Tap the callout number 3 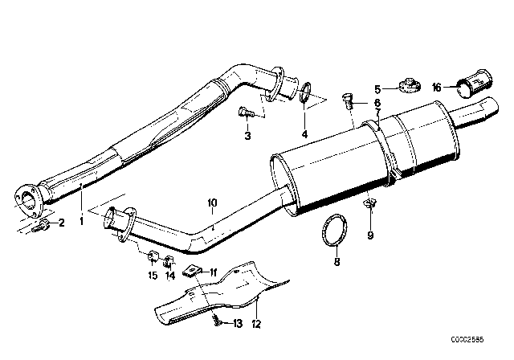point(248,137)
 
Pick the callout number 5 point(376,89)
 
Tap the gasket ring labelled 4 point(306,95)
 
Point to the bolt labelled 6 point(348,102)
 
